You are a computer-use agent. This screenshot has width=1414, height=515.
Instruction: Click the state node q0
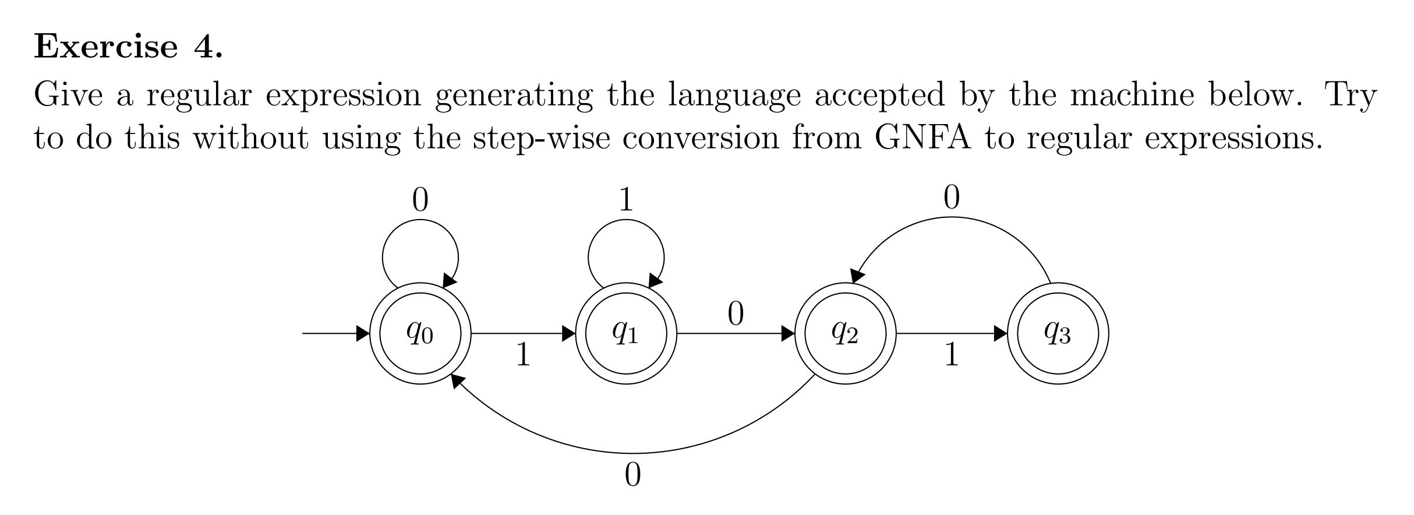tap(420, 334)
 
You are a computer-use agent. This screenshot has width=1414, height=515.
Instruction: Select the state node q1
tap(625, 334)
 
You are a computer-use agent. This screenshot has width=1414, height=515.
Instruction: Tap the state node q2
tap(845, 334)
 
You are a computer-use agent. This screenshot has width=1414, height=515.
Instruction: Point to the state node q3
tap(1058, 334)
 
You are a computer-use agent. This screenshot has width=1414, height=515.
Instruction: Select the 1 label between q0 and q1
tap(523, 355)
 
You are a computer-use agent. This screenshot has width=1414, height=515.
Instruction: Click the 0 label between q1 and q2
tap(736, 315)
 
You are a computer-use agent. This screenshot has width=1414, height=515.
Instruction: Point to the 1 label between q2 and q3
tap(951, 355)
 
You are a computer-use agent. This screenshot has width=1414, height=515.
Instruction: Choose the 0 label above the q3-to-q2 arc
tap(951, 198)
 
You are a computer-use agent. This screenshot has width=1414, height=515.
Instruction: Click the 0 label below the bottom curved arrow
tap(632, 475)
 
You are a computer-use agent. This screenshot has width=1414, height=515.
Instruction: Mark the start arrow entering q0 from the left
tap(335, 334)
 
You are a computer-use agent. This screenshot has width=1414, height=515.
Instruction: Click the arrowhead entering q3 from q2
tap(1001, 334)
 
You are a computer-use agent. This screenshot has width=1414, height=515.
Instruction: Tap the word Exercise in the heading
tap(105, 47)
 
